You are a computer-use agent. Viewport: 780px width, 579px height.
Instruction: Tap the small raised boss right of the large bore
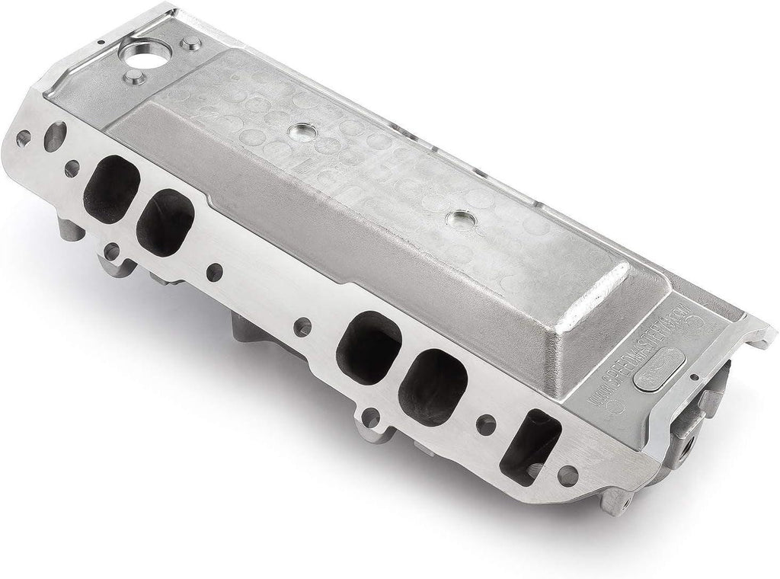(x=193, y=43)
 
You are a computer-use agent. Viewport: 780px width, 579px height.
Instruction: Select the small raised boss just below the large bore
(x=137, y=78)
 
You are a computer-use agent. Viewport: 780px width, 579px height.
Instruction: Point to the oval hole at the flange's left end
(x=55, y=136)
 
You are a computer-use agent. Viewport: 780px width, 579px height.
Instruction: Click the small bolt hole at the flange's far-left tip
(x=24, y=138)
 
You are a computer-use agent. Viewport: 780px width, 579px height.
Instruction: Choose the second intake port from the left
(x=166, y=222)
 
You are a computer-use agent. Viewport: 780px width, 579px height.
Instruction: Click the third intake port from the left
(x=369, y=347)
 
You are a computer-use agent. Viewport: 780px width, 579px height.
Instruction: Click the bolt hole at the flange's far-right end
(x=567, y=476)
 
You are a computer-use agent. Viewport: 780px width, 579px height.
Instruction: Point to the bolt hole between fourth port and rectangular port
(x=484, y=424)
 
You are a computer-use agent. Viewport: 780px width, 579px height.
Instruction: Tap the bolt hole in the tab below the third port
(x=370, y=417)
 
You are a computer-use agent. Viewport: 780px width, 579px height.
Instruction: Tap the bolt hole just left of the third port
(x=302, y=327)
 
